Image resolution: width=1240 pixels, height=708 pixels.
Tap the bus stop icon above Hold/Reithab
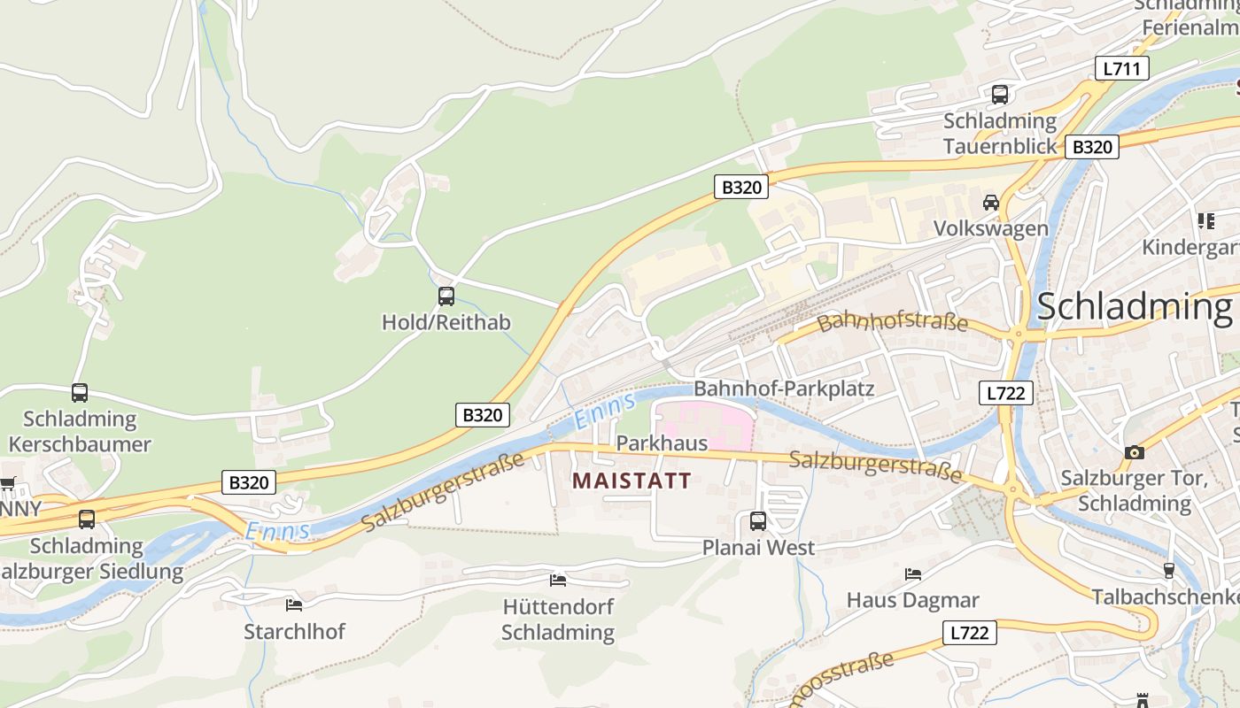446,296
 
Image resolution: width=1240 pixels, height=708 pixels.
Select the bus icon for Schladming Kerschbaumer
80,393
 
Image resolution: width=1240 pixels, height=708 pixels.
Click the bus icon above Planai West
758,521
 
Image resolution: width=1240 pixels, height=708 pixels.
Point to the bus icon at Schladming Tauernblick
1000,94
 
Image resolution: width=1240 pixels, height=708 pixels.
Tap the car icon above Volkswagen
991,203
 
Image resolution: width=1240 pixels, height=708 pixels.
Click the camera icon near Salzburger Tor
1134,452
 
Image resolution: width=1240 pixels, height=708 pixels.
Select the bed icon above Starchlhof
294,605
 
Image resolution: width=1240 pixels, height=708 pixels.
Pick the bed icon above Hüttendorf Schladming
558,581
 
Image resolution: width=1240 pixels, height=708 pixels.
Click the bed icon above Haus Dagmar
913,574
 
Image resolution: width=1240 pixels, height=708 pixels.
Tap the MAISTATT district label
632,481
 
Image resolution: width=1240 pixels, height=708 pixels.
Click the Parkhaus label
662,442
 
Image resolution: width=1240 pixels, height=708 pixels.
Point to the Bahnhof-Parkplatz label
784,389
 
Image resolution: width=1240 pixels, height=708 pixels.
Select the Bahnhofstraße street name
893,319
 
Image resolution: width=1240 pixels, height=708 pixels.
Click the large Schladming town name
1134,306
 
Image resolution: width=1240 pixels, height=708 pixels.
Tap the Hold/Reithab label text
446,322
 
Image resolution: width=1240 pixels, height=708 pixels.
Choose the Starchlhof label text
294,631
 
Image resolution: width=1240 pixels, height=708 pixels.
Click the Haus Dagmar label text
913,600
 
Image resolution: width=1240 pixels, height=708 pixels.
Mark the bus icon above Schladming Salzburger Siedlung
87,519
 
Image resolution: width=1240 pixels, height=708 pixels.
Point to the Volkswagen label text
991,228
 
